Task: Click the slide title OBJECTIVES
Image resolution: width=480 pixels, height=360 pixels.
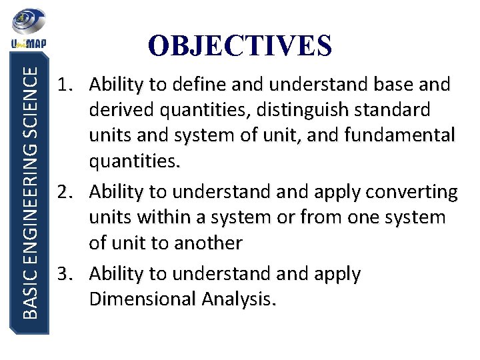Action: click(239, 45)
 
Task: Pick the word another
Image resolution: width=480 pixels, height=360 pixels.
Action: click(209, 243)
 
